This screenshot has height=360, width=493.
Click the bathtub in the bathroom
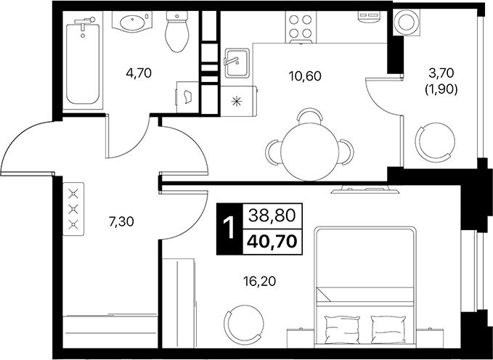pyautogui.click(x=82, y=64)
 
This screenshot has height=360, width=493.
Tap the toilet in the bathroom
pyautogui.click(x=176, y=33)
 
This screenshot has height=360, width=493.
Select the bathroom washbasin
pyautogui.click(x=132, y=25)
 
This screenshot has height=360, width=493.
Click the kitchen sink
pyautogui.click(x=237, y=62)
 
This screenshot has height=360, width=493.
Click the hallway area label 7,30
pyautogui.click(x=123, y=223)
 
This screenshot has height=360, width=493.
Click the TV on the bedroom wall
pyautogui.click(x=363, y=191)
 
